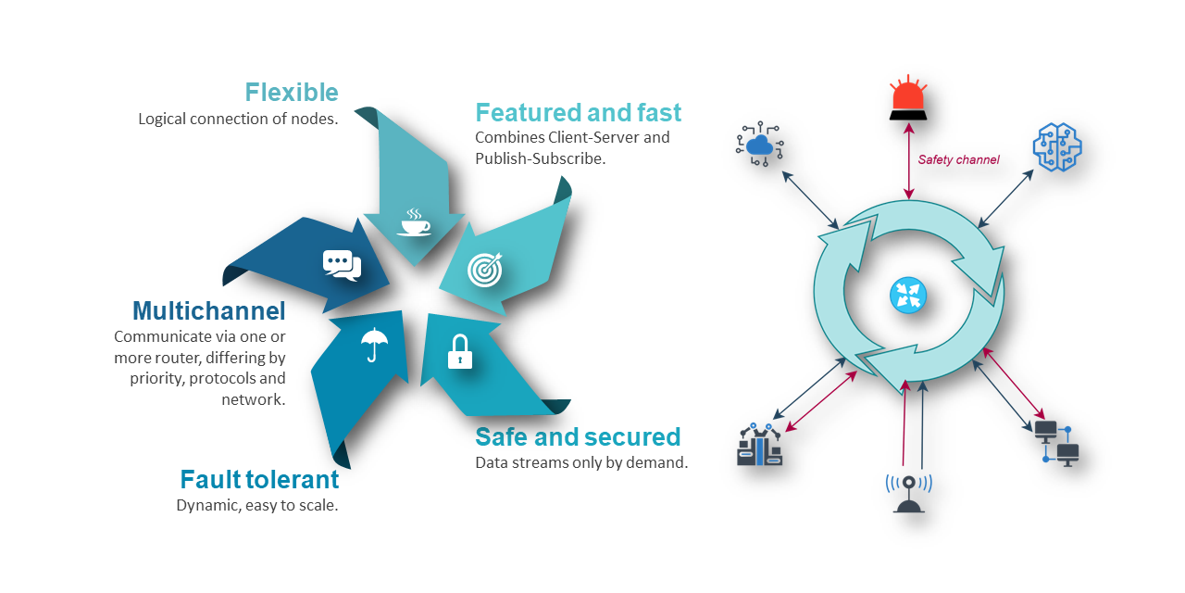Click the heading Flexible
292,93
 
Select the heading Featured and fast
578,113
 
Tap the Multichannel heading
208,310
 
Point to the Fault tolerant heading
259,480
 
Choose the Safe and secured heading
578,437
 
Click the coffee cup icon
414,223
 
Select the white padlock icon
460,353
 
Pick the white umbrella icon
374,345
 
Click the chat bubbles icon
342,265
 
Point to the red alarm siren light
907,99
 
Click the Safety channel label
958,160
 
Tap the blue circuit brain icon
1057,146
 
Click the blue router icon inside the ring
908,296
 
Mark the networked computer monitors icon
1055,442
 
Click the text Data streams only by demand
581,462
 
